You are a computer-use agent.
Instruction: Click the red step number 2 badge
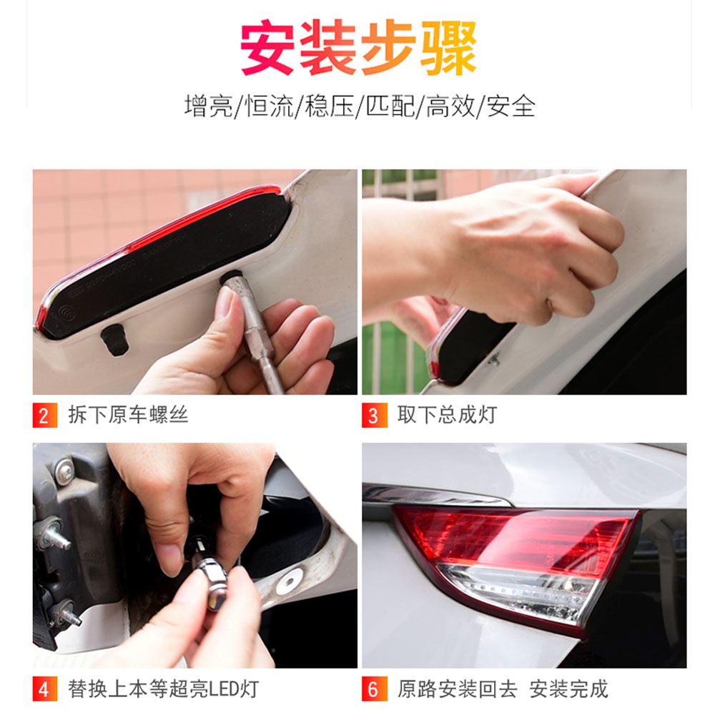coord(44,415)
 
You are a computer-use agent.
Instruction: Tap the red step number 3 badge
coord(375,415)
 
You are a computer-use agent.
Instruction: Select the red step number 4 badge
coord(44,689)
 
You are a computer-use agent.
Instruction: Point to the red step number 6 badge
coord(375,689)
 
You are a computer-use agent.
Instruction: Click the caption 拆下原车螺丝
coord(128,415)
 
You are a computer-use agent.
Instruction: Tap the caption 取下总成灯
coord(448,415)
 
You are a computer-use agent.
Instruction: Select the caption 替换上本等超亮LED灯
coord(163,689)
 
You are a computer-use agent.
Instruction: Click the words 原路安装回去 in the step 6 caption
coord(458,689)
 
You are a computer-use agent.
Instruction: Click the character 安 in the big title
coord(267,47)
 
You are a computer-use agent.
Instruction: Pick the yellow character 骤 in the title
coord(449,47)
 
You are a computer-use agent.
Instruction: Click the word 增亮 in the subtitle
coord(208,107)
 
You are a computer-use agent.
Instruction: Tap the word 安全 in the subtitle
coord(511,107)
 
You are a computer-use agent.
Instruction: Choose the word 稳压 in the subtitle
coord(329,107)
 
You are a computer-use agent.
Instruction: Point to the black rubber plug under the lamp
coord(114,340)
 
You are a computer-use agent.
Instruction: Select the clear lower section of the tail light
coord(516,593)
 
